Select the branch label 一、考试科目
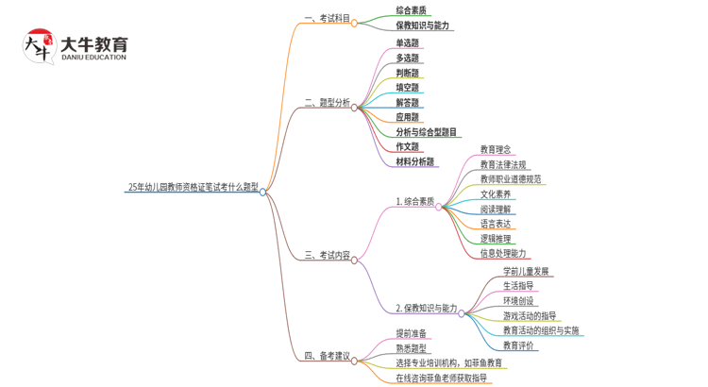click(x=327, y=18)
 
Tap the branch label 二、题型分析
click(x=327, y=102)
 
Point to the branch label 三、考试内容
click(x=327, y=255)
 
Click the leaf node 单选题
click(x=408, y=42)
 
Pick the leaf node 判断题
click(x=408, y=73)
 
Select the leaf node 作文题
click(x=408, y=147)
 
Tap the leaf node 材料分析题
click(x=415, y=162)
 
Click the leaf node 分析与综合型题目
click(x=427, y=132)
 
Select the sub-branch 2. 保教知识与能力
click(x=426, y=309)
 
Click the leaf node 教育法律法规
click(x=503, y=164)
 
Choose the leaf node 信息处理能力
click(x=503, y=253)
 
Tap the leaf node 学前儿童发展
click(x=527, y=272)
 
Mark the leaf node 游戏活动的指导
click(x=530, y=316)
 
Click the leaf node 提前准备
click(x=412, y=333)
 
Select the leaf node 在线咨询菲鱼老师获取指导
click(x=442, y=378)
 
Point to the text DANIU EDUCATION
click(x=93, y=58)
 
